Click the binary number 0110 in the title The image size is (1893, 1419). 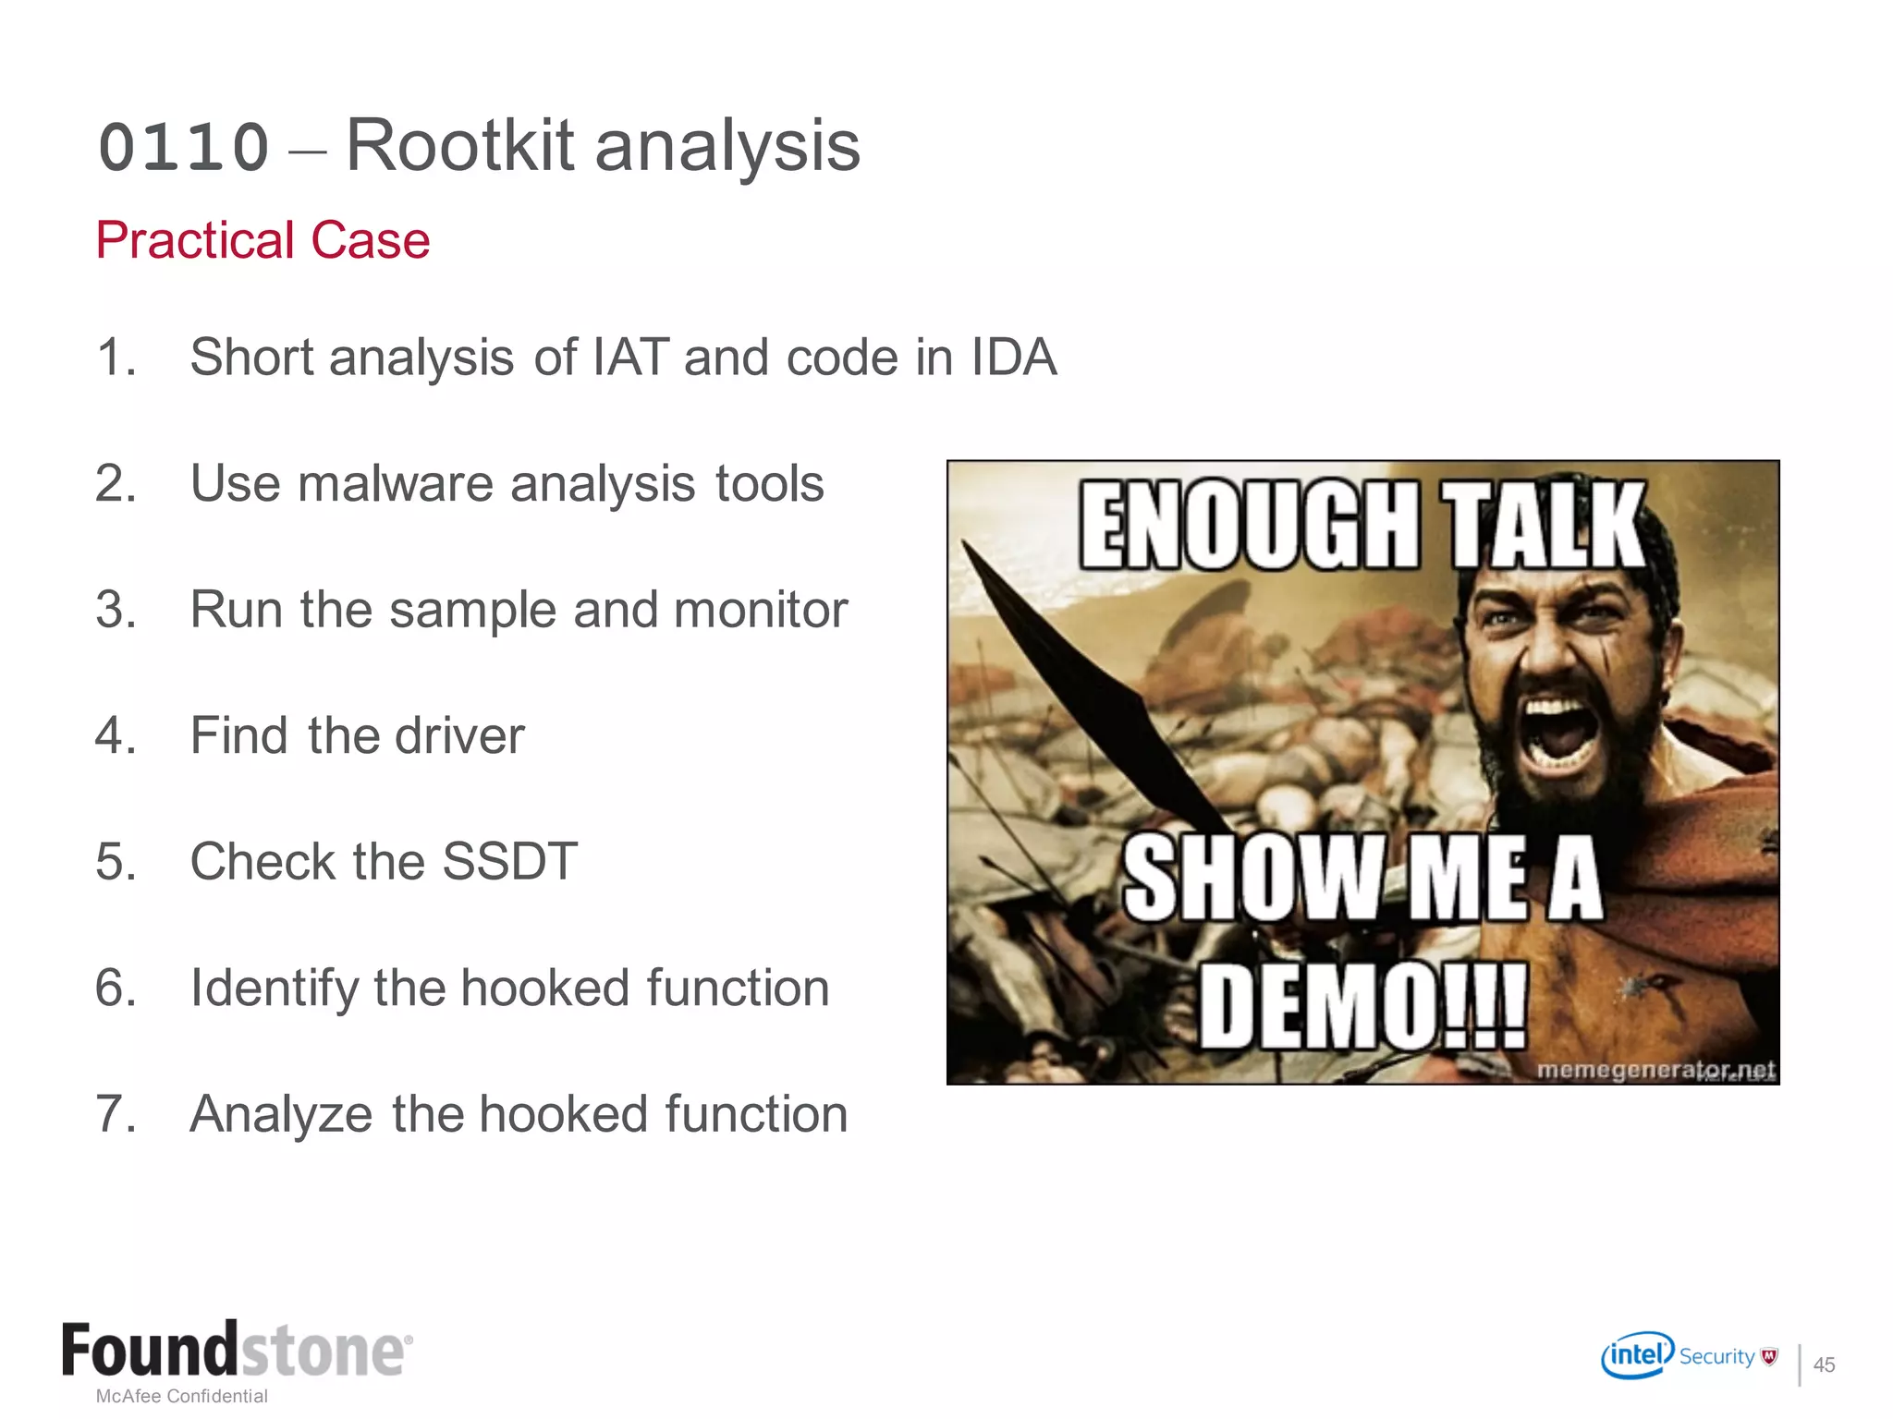coord(183,148)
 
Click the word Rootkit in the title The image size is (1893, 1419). coord(459,146)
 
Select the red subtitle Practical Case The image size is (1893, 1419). coord(263,240)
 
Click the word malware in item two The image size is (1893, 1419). coord(395,483)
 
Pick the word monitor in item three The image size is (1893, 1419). coord(760,610)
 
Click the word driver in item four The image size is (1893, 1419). coord(459,736)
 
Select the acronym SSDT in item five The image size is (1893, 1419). coord(509,861)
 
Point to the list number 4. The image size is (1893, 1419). coord(115,736)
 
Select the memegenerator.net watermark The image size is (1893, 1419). coord(1655,1070)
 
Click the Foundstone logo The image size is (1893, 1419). coord(237,1351)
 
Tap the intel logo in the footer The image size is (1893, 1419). coord(1637,1355)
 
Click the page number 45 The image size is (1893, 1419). coord(1824,1364)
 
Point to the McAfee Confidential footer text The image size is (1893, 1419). coord(182,1396)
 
